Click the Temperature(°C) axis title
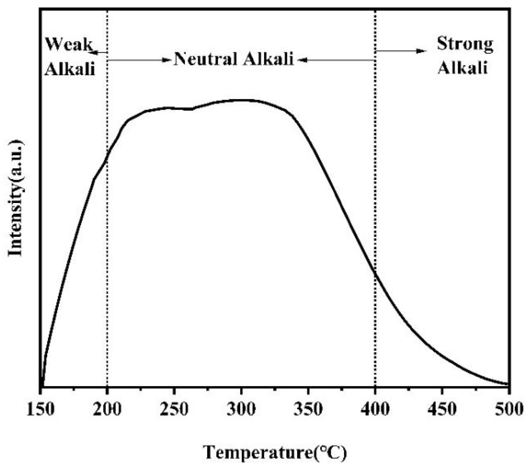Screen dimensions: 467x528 click(x=274, y=453)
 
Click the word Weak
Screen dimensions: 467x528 click(x=68, y=44)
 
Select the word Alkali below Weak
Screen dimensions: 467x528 click(x=70, y=69)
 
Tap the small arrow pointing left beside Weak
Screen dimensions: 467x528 click(x=95, y=52)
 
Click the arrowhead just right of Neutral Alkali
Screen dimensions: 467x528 click(x=302, y=60)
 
